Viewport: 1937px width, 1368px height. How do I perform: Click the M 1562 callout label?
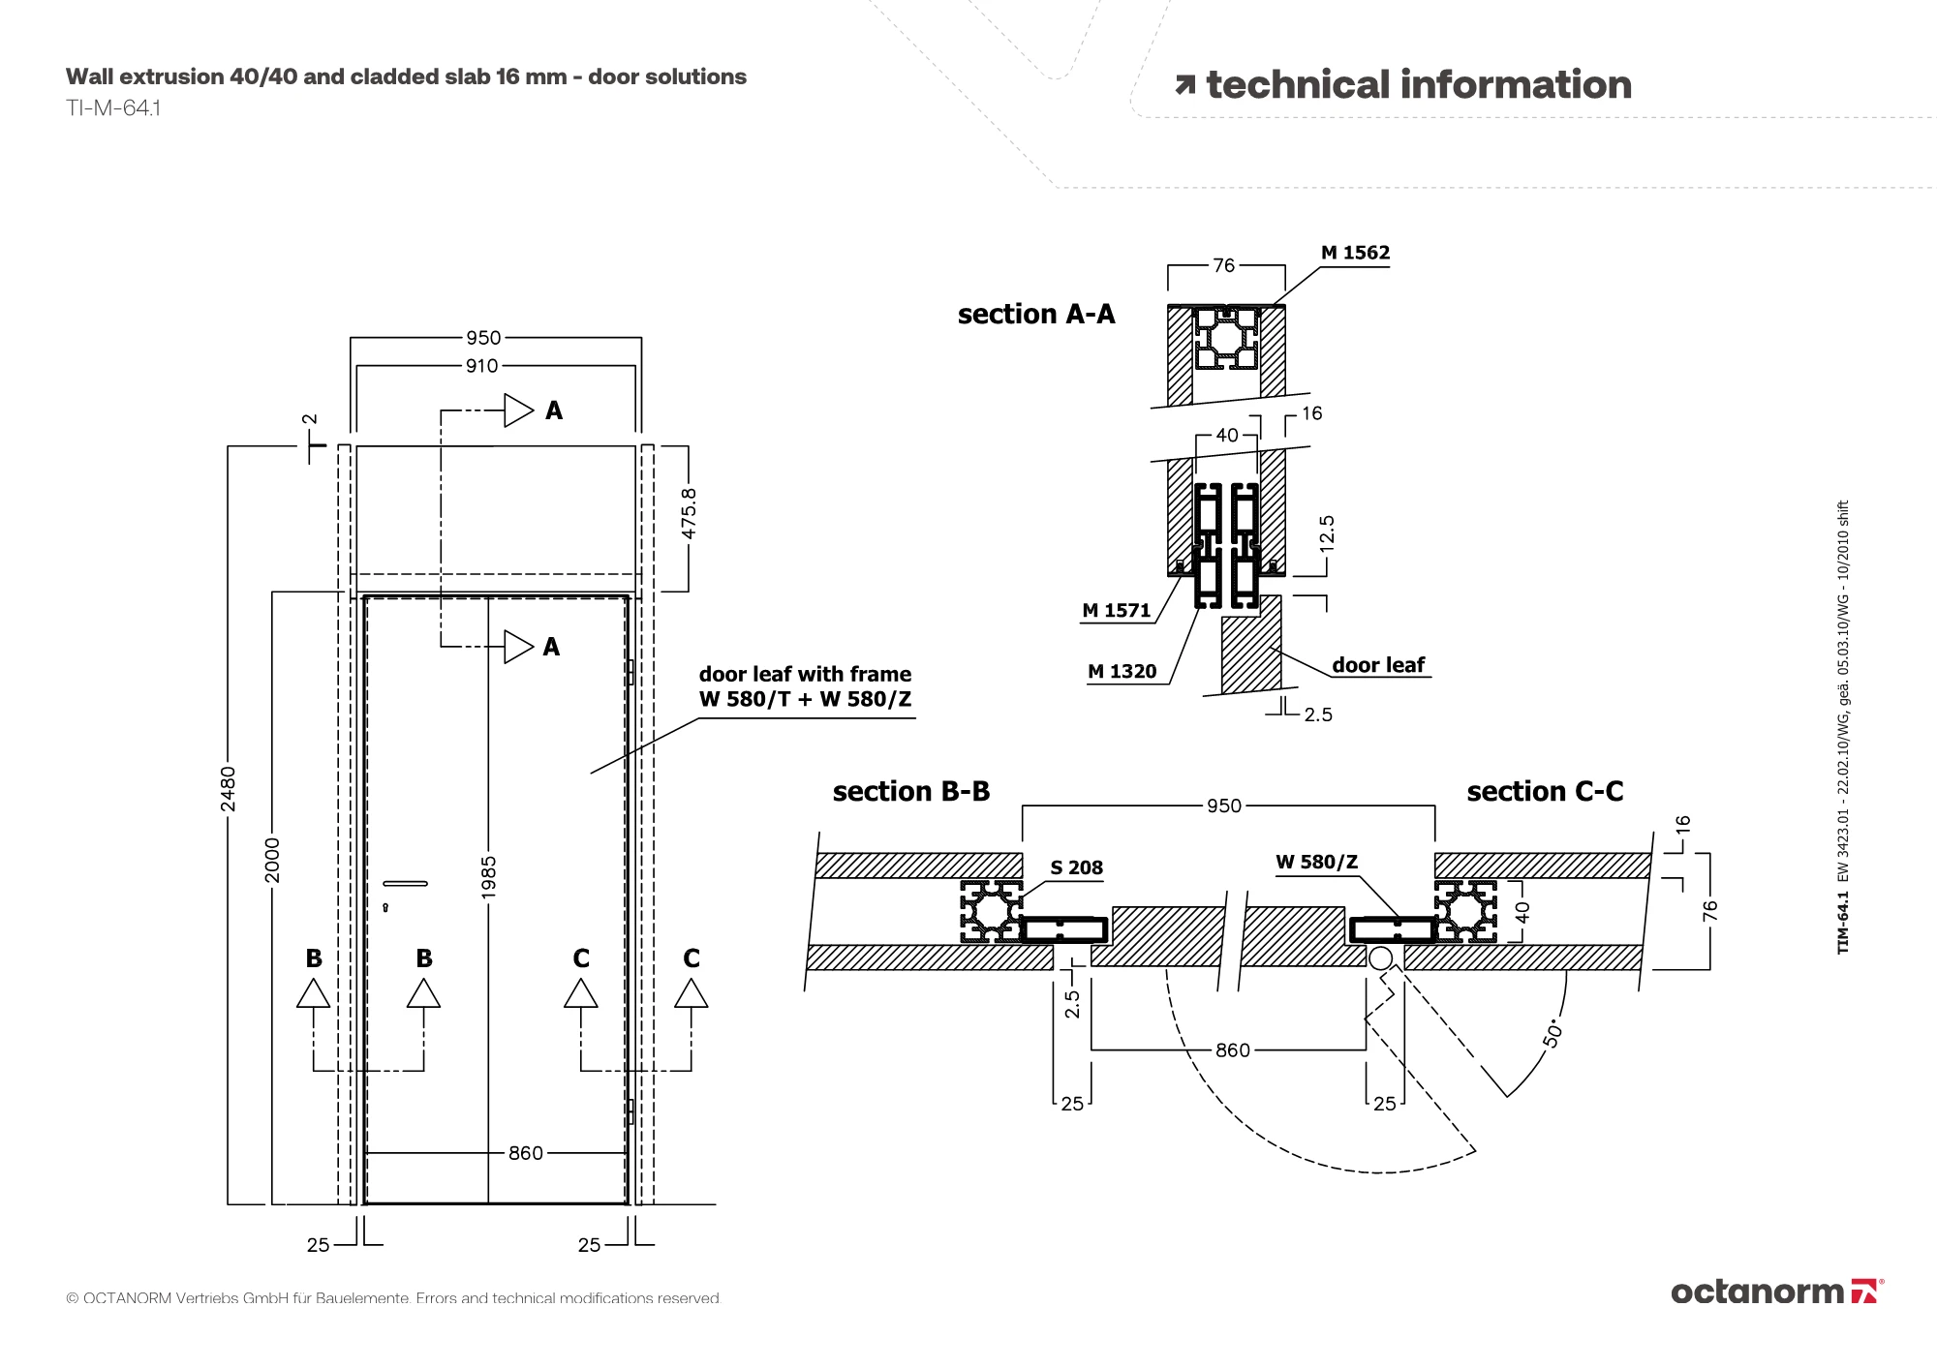point(1355,253)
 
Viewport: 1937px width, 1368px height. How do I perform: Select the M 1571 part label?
point(1116,611)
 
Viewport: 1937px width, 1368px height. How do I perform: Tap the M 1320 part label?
point(1122,672)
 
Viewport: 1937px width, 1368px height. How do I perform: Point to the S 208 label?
point(1076,868)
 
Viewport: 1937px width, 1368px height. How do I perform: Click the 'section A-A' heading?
point(1035,315)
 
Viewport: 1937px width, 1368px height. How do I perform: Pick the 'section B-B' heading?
point(910,792)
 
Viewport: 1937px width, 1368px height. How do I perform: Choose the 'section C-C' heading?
point(1544,792)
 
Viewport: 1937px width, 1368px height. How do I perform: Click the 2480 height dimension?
point(228,789)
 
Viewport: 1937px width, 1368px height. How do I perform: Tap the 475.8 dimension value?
point(689,514)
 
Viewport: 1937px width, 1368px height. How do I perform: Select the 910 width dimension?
point(481,366)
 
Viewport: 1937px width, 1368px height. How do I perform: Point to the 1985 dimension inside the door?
point(489,877)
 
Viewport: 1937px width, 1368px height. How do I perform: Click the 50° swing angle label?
point(1553,1032)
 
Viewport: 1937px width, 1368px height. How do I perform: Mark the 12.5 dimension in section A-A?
point(1327,533)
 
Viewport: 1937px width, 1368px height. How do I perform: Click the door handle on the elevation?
point(405,883)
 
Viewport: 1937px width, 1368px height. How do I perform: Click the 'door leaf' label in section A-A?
point(1377,665)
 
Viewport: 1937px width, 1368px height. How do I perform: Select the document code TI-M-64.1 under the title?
point(113,108)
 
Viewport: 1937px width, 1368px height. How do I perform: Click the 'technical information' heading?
point(1418,85)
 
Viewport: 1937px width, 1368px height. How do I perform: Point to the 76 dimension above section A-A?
point(1224,265)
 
